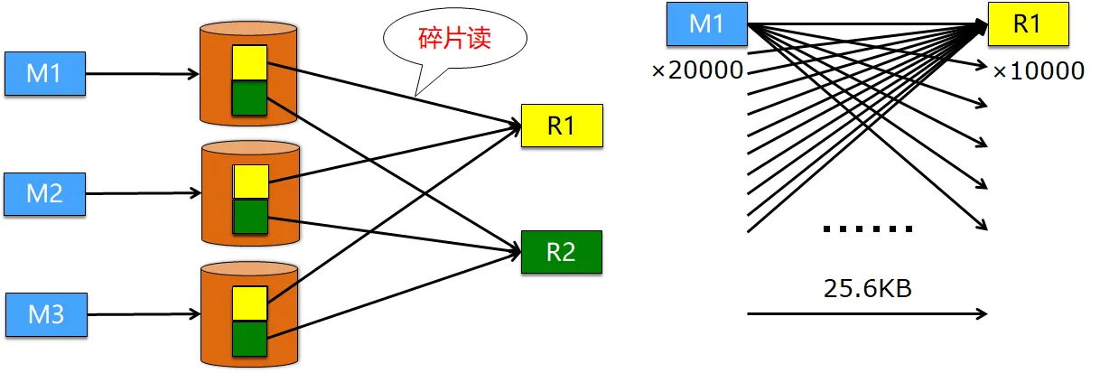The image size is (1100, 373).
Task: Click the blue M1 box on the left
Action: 44,74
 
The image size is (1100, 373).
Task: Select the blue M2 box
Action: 44,193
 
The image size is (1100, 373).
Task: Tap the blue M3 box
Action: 45,314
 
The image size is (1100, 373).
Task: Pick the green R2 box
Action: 561,252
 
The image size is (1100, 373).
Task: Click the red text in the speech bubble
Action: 454,40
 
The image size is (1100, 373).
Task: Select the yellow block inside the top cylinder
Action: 249,63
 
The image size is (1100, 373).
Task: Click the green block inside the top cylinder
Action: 249,98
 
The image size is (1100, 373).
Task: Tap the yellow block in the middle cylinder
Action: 250,182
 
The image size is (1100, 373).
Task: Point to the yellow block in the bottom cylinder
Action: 249,303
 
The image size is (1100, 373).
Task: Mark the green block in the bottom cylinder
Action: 249,338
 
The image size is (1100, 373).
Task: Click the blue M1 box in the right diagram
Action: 706,24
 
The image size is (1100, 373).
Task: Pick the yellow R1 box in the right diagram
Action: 1027,24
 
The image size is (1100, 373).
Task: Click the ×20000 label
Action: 697,70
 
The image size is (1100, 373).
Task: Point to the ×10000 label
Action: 1038,71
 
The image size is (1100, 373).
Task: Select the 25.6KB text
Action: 866,288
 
